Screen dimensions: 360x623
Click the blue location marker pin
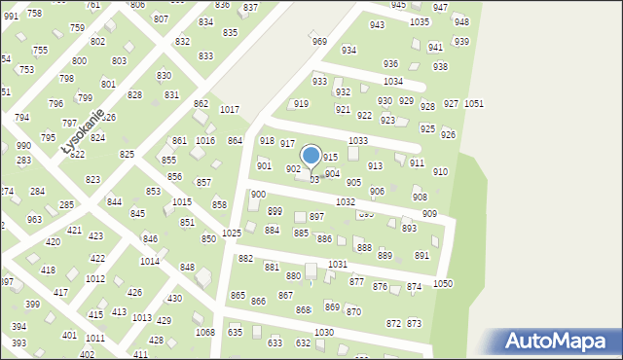311,156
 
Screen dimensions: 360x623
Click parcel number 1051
474,103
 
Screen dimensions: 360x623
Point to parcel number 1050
443,283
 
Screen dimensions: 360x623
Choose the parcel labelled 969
319,41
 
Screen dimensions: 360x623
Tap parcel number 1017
230,110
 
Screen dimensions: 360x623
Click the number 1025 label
232,234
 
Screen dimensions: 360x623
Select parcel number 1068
204,333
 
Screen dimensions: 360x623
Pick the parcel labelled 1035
420,21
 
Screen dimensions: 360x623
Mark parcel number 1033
358,141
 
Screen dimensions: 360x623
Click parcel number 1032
345,201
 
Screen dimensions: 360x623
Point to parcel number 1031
338,265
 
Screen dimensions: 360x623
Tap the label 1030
324,333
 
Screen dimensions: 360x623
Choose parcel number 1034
393,82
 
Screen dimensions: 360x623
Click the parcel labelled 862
201,103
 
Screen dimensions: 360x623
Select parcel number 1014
150,262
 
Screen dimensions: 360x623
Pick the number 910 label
440,171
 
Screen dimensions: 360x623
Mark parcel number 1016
204,141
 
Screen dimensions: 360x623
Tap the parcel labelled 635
235,332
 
